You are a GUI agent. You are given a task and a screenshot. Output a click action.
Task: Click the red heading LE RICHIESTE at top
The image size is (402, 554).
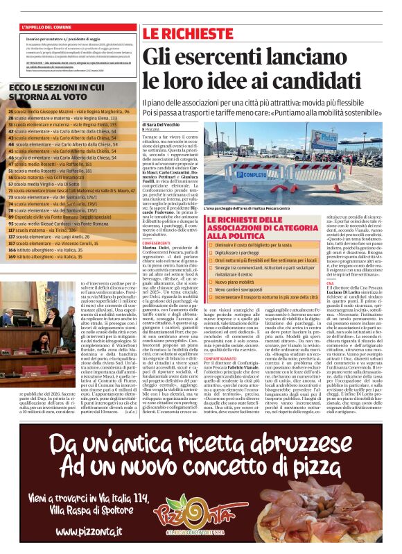[187, 34]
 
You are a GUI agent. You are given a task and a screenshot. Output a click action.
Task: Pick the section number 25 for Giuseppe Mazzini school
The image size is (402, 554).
[10, 111]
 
